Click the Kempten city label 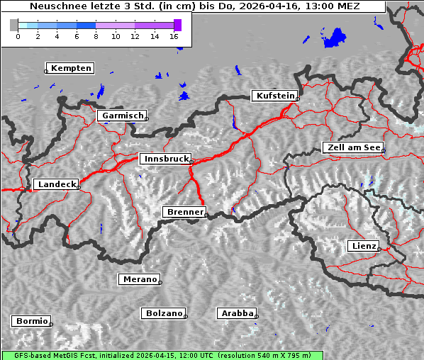(x=71, y=68)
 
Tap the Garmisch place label (x=123, y=116)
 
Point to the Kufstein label (x=275, y=96)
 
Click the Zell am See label (x=352, y=147)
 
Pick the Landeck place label (x=57, y=184)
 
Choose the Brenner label (x=185, y=212)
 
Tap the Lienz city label (x=363, y=246)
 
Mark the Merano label (x=140, y=279)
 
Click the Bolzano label (x=164, y=313)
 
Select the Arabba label (x=237, y=313)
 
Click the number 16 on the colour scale (x=174, y=36)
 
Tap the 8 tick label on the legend (x=96, y=36)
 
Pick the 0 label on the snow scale (x=18, y=36)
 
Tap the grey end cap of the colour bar (x=13, y=25)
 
